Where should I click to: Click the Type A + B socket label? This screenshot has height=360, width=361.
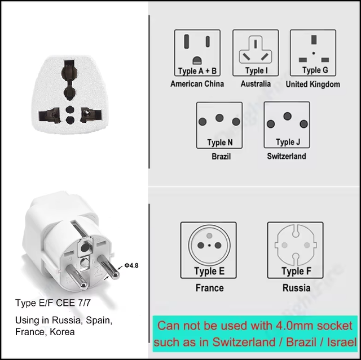click(197, 71)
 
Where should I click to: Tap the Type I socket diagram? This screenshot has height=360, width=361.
click(256, 53)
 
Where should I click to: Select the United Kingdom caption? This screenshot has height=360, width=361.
click(313, 84)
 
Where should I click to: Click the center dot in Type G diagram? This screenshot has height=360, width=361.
click(314, 53)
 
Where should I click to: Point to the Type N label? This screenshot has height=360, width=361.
click(220, 143)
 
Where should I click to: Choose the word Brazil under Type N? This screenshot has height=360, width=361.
click(221, 157)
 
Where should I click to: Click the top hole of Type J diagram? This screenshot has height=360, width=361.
click(287, 116)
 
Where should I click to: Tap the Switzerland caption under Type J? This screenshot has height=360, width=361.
click(287, 156)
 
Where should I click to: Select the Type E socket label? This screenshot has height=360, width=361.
click(209, 271)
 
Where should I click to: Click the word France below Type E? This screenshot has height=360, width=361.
click(209, 288)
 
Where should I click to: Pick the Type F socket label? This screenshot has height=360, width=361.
click(296, 271)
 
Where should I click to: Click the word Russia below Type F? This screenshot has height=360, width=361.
click(296, 288)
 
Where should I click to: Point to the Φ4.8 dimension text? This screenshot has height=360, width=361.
click(131, 265)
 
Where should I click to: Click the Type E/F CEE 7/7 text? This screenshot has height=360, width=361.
click(53, 303)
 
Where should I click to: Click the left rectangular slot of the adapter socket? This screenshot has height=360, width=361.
click(50, 115)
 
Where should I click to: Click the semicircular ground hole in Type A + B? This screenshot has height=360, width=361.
click(197, 60)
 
